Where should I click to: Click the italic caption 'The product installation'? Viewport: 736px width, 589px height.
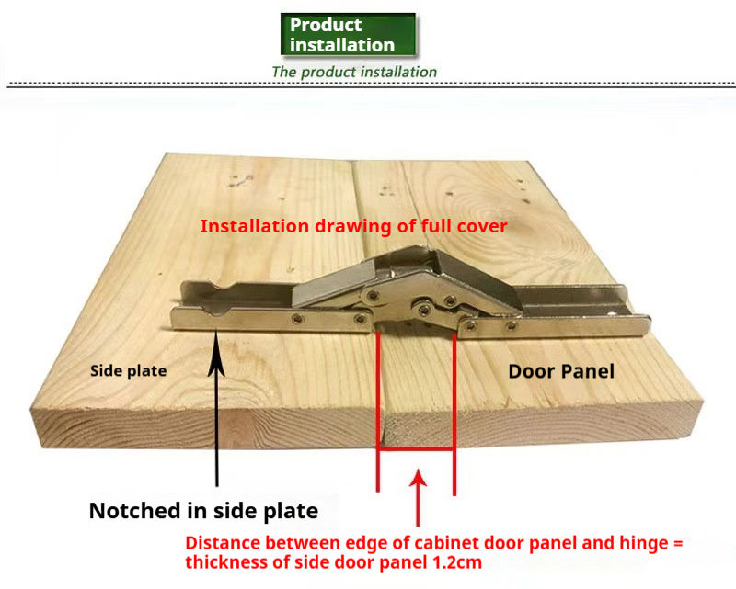tap(354, 72)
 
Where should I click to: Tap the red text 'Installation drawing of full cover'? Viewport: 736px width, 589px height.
tap(354, 225)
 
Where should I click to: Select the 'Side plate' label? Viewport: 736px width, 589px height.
tap(128, 371)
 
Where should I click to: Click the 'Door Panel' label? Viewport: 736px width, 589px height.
tap(561, 371)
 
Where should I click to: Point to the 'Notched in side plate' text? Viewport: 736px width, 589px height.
tap(203, 511)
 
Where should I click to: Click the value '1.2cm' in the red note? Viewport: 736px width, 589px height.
tap(442, 561)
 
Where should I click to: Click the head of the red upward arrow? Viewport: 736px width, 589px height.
tap(419, 476)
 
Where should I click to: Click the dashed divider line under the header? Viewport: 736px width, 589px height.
tap(368, 85)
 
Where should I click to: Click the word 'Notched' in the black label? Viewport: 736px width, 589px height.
tap(130, 511)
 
